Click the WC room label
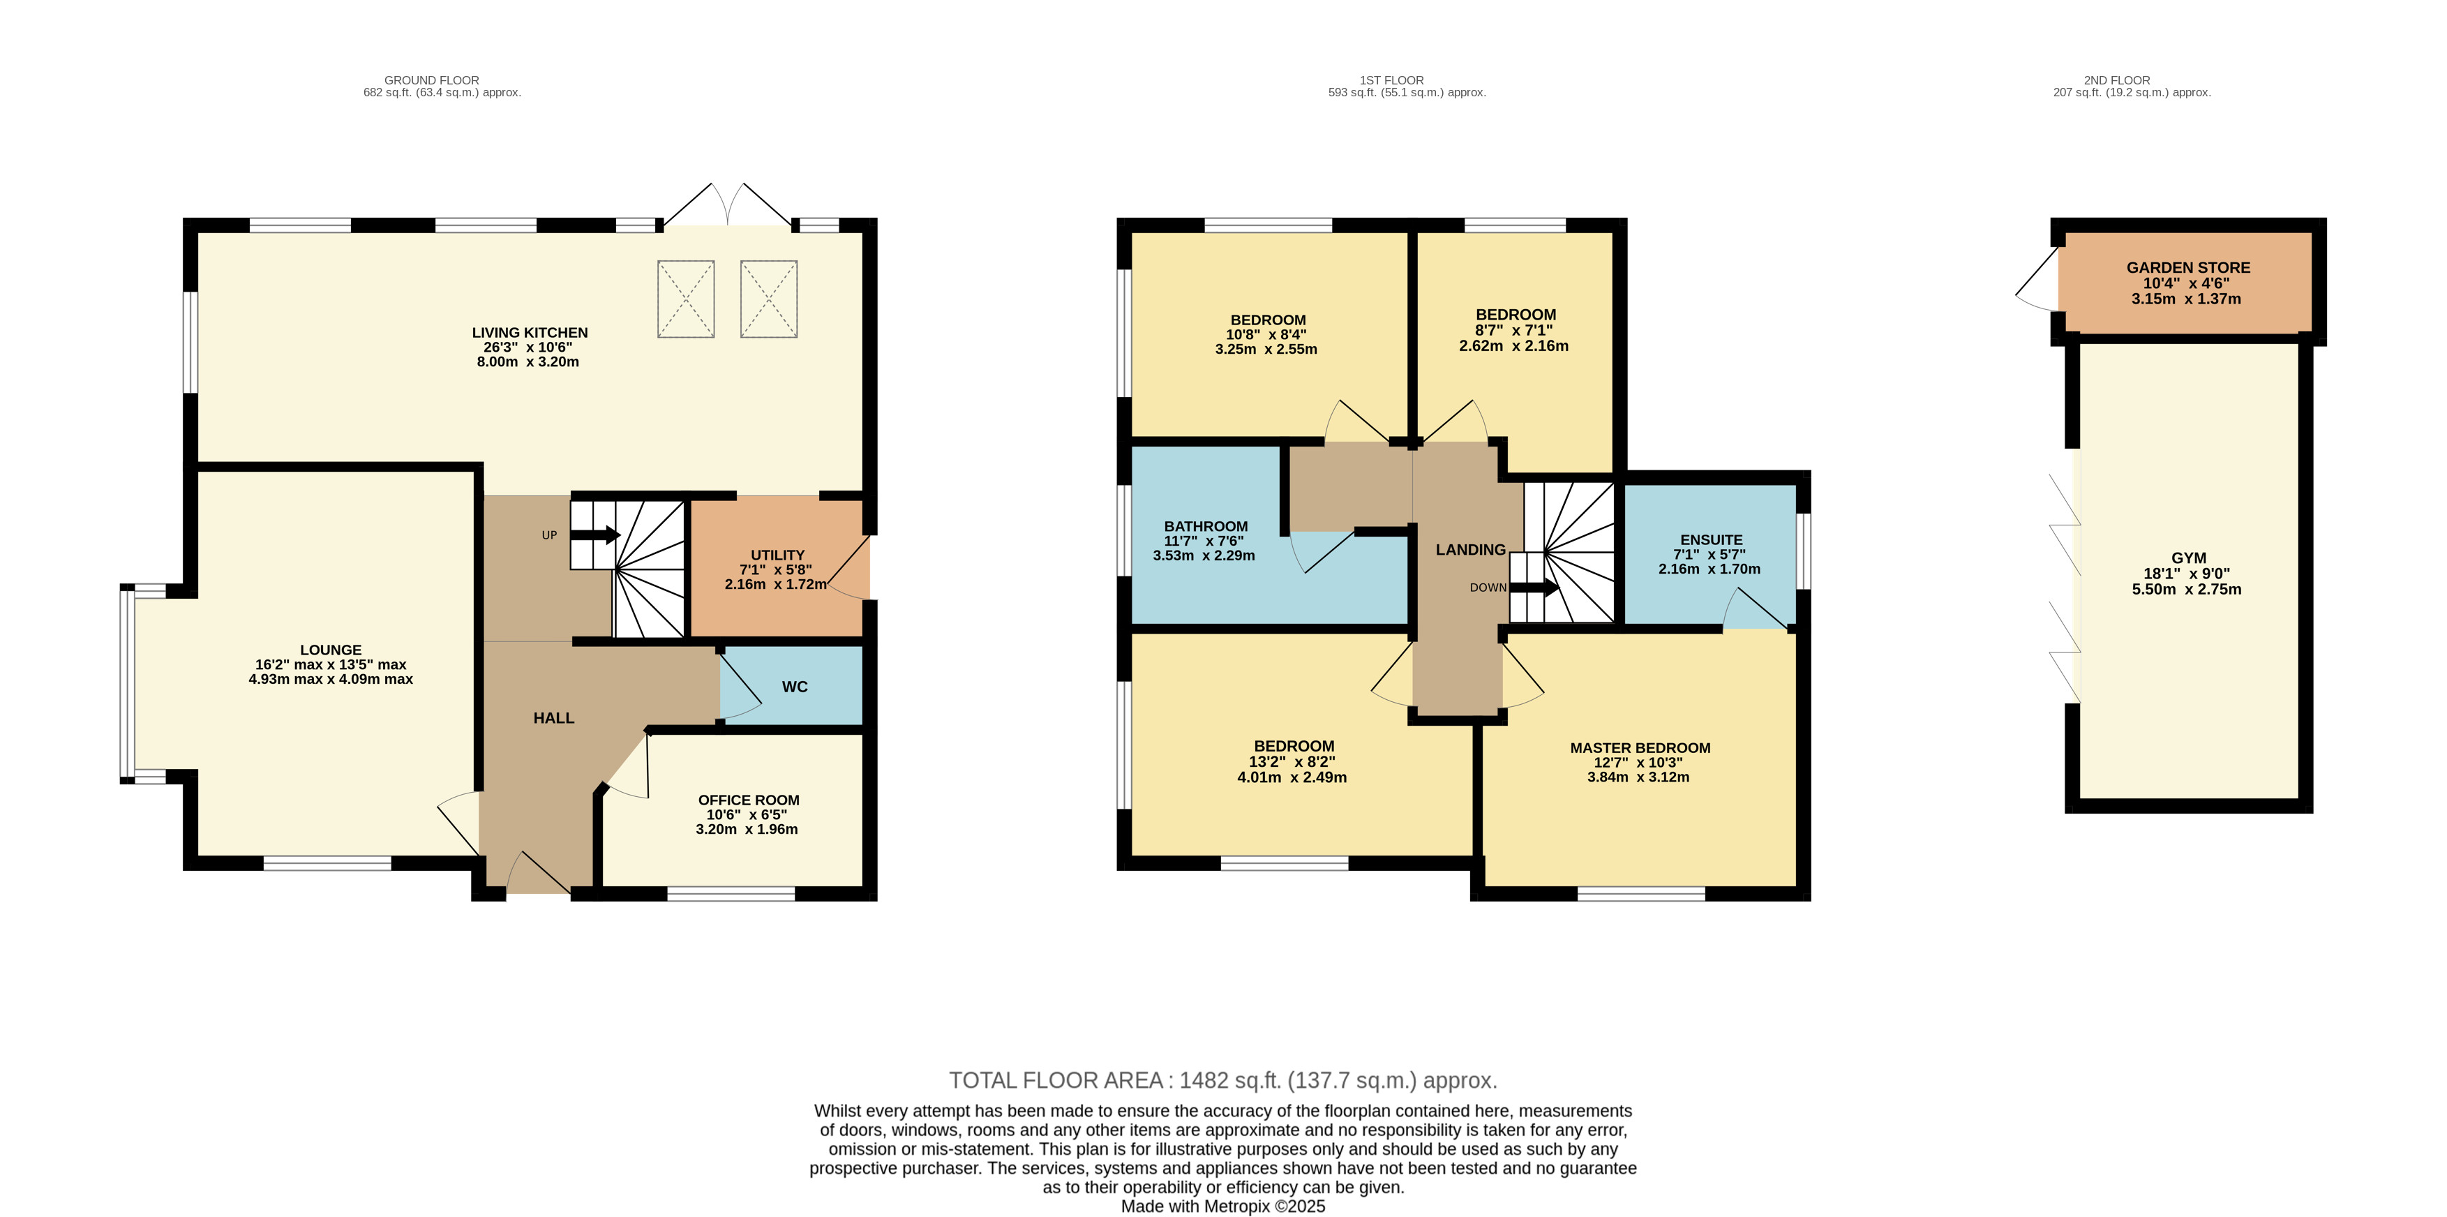tap(794, 687)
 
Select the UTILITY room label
tap(778, 555)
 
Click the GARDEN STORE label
tap(2187, 268)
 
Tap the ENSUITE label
tap(1711, 539)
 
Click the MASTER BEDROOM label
tap(1640, 747)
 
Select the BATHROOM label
tap(1206, 526)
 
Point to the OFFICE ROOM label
tap(749, 800)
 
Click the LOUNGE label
tap(331, 650)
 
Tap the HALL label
tap(554, 718)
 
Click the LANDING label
tap(1470, 550)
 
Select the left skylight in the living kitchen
tap(686, 299)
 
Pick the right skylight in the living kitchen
tap(768, 299)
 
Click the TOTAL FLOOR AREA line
tap(1222, 1080)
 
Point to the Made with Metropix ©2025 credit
tap(1222, 1207)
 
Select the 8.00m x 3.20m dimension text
tap(528, 362)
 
